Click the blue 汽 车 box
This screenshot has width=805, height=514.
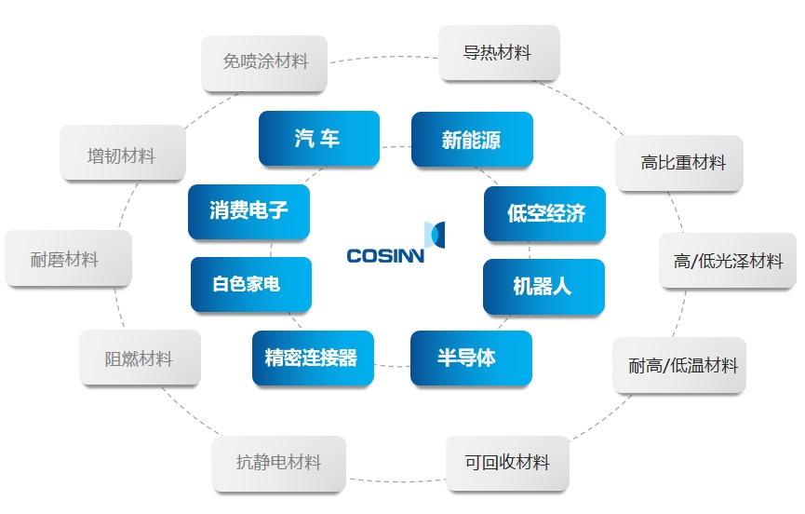coord(318,139)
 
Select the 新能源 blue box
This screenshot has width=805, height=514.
coord(471,140)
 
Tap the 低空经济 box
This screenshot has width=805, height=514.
coord(544,213)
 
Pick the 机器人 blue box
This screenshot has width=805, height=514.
coord(543,286)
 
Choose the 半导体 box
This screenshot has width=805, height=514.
coord(470,358)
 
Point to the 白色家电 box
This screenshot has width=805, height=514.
coord(249,284)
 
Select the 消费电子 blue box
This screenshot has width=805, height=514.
coord(248,211)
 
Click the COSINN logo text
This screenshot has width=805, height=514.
coord(385,255)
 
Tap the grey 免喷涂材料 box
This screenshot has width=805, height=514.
coord(264,62)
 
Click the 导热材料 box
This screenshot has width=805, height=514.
coord(498,53)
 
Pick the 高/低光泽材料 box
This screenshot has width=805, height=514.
coord(728,261)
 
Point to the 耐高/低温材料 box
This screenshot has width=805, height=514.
coord(679,365)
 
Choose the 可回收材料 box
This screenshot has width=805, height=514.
coord(507,463)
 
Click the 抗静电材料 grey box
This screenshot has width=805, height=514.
coord(278,463)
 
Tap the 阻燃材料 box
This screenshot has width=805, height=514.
coord(139,358)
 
